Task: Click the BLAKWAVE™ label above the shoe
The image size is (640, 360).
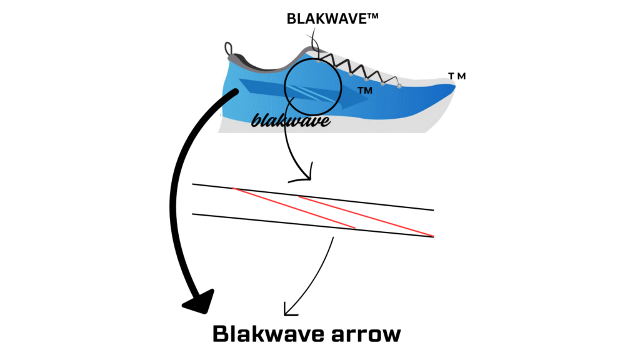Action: pyautogui.click(x=332, y=19)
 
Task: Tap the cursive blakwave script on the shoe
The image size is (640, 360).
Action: pyautogui.click(x=291, y=119)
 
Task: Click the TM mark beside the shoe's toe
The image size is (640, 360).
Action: pyautogui.click(x=457, y=76)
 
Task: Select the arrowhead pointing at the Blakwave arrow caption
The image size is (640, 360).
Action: pyautogui.click(x=289, y=309)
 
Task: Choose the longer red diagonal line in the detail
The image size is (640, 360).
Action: pyautogui.click(x=366, y=216)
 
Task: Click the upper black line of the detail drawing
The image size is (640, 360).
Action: pyautogui.click(x=312, y=197)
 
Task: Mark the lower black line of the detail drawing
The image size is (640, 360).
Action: pyautogui.click(x=312, y=225)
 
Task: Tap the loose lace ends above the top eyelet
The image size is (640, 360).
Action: pyautogui.click(x=312, y=47)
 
